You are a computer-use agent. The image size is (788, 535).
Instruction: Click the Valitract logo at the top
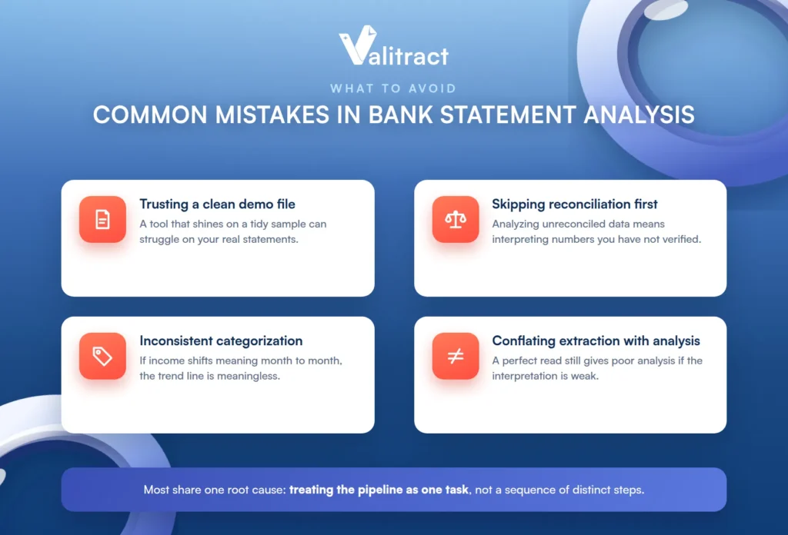(x=393, y=46)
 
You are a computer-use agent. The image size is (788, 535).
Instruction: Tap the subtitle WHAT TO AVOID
(x=393, y=89)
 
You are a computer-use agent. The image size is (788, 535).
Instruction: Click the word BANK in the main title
(x=400, y=115)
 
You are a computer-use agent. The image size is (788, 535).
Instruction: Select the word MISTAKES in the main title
(x=272, y=115)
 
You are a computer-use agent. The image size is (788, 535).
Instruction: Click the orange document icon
(x=102, y=219)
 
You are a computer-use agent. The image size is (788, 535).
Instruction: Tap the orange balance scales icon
(x=456, y=219)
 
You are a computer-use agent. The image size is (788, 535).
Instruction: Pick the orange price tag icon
(x=102, y=356)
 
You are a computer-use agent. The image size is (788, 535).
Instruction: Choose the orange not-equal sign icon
(x=456, y=356)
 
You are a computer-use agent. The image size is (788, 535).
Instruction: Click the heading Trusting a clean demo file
(x=217, y=204)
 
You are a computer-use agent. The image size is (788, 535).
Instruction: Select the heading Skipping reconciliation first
(x=574, y=204)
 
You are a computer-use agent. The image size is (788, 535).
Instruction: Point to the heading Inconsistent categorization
(x=221, y=341)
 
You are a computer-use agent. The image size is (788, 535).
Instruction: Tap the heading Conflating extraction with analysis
(x=596, y=341)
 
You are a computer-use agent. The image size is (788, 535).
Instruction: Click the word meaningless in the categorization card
(x=250, y=376)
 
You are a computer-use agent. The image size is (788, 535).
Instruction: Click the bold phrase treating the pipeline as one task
(x=379, y=490)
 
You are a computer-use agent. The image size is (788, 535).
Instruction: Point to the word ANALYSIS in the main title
(x=639, y=115)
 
